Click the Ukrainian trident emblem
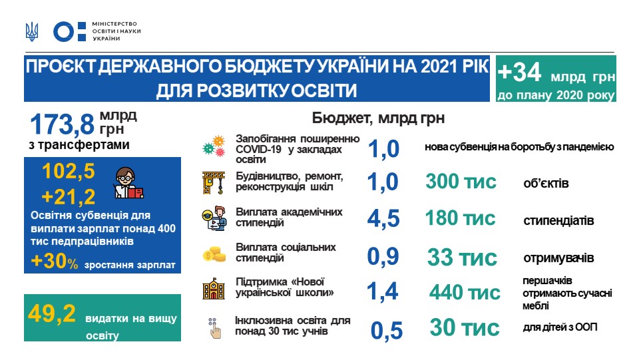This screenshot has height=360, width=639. click(32, 32)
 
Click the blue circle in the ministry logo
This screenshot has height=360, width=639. click(64, 32)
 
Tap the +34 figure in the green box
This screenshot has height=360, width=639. click(520, 72)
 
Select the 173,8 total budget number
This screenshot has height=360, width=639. click(63, 124)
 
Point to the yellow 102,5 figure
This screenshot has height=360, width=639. click(69, 171)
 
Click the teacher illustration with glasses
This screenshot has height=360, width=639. click(128, 183)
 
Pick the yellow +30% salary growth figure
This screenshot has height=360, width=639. click(55, 261)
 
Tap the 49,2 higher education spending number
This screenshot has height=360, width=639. click(52, 313)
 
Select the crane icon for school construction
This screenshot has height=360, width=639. click(214, 183)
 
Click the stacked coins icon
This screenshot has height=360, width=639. click(214, 254)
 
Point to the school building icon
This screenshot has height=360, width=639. click(214, 289)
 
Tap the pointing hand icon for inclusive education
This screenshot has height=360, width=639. click(214, 328)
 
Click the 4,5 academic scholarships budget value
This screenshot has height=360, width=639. click(383, 219)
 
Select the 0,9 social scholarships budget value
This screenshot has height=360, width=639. click(383, 257)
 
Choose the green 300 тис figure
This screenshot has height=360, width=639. click(461, 182)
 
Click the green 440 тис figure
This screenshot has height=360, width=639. click(465, 292)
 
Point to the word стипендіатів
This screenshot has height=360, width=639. click(558, 221)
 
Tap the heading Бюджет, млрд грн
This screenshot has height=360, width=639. click(378, 118)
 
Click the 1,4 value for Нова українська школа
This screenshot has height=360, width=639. click(382, 291)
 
